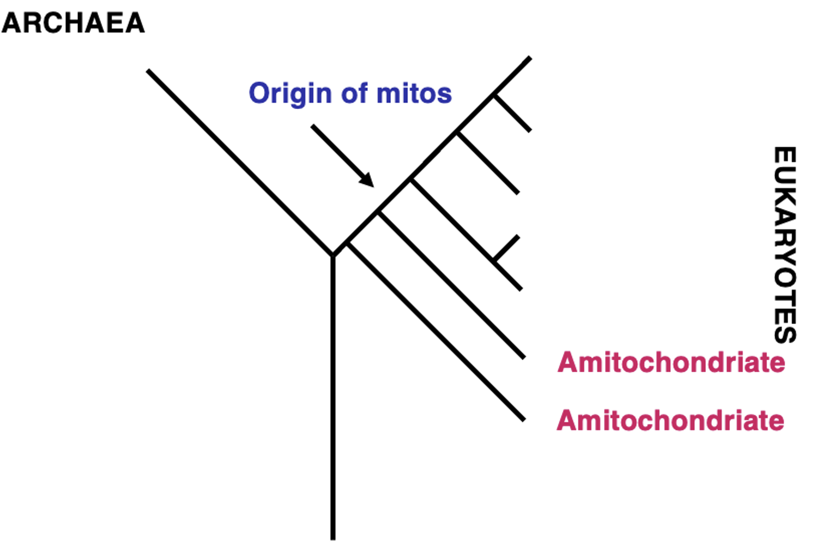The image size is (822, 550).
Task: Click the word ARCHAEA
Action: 73,23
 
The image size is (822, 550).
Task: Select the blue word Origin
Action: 291,94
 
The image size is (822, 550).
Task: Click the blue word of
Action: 354,93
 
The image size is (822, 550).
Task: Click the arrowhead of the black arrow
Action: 367,180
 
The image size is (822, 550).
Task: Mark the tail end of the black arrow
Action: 312,126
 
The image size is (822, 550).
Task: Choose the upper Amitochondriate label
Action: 671,362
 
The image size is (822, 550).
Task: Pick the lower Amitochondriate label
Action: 670,420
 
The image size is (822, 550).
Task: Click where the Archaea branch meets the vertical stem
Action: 333,255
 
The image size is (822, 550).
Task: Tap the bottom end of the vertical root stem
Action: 333,539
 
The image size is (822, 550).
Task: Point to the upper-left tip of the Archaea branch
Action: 148,70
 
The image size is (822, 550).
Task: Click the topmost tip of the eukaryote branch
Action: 530,58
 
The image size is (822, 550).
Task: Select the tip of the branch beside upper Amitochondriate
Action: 524,357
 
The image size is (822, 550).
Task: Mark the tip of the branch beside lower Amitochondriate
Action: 524,420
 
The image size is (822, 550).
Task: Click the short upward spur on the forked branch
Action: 506,248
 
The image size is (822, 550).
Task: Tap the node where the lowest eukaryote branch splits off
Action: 348,243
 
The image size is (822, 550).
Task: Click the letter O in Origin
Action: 261,93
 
